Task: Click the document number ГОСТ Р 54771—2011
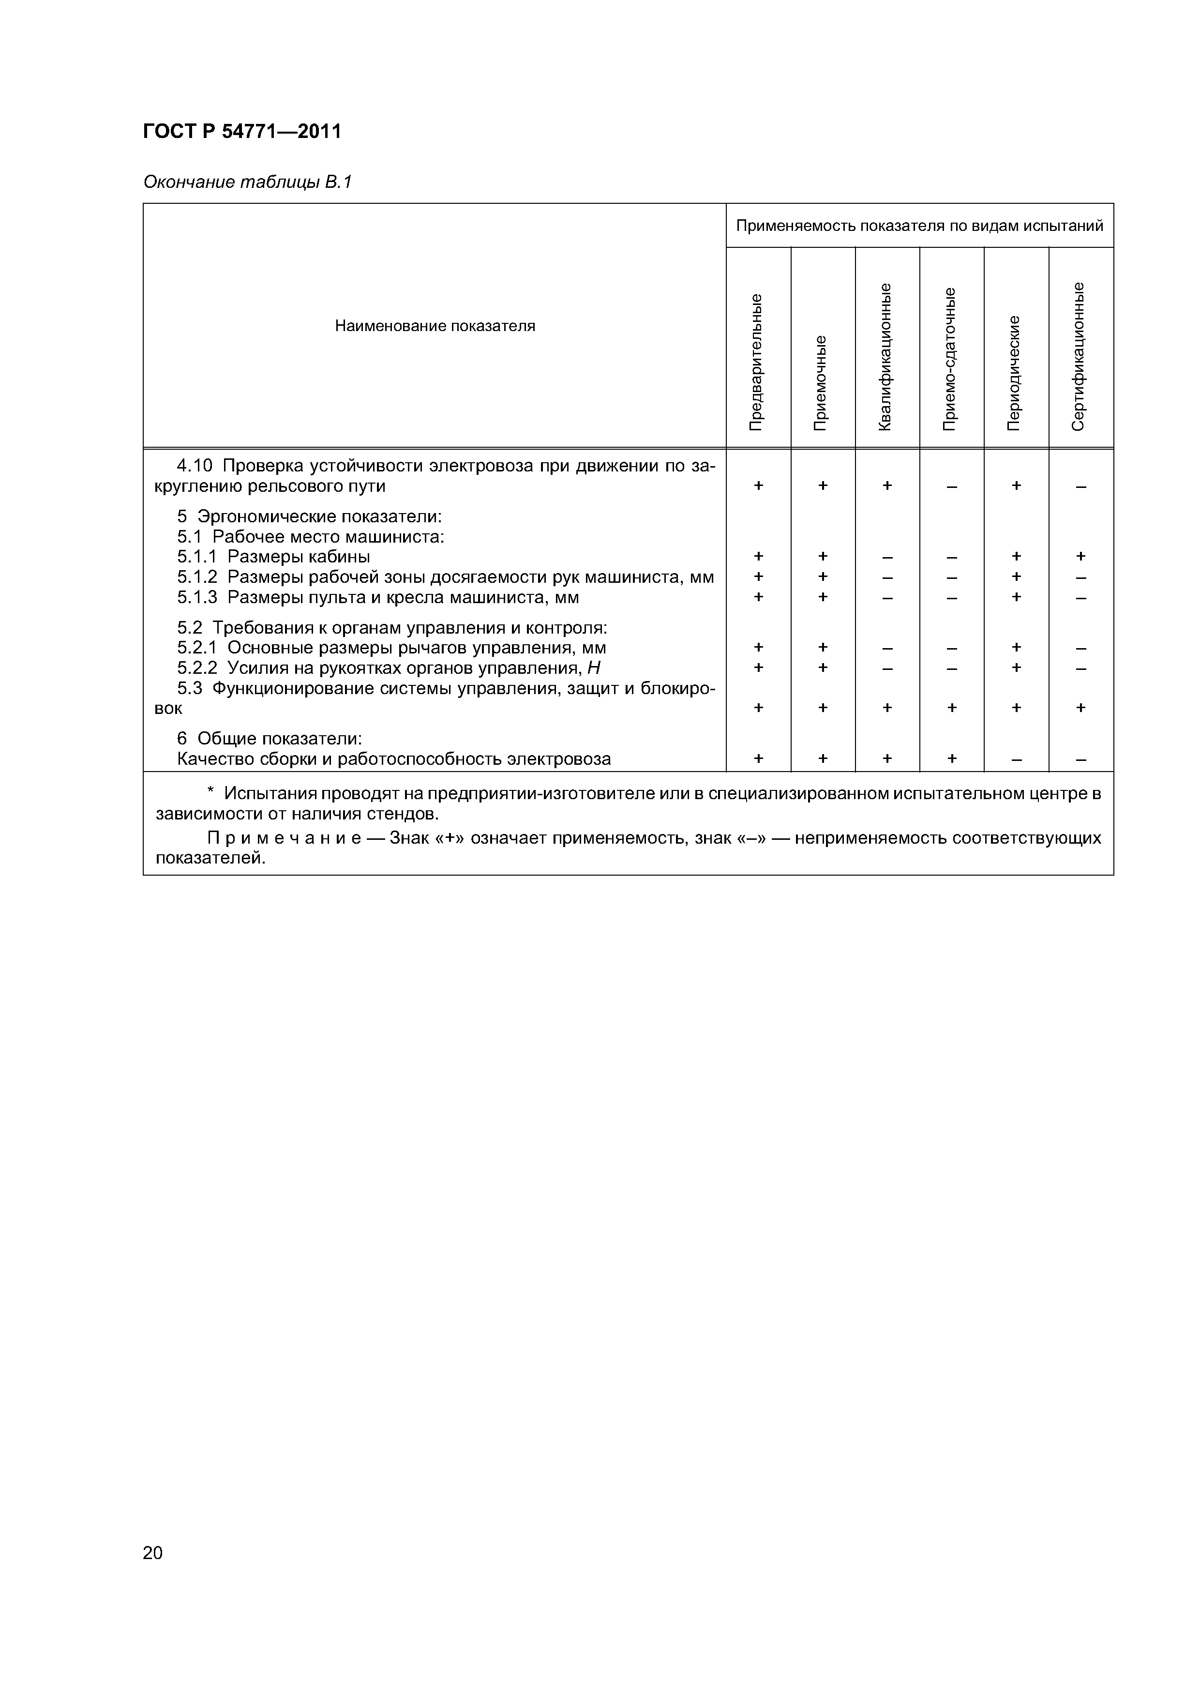[x=242, y=132]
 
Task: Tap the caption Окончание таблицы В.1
[x=247, y=182]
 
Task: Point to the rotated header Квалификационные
[x=886, y=356]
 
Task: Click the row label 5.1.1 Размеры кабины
[x=273, y=557]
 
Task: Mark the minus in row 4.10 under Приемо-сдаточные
[x=952, y=486]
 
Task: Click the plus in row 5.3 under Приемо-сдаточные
[x=952, y=708]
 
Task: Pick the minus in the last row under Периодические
[x=1017, y=759]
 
